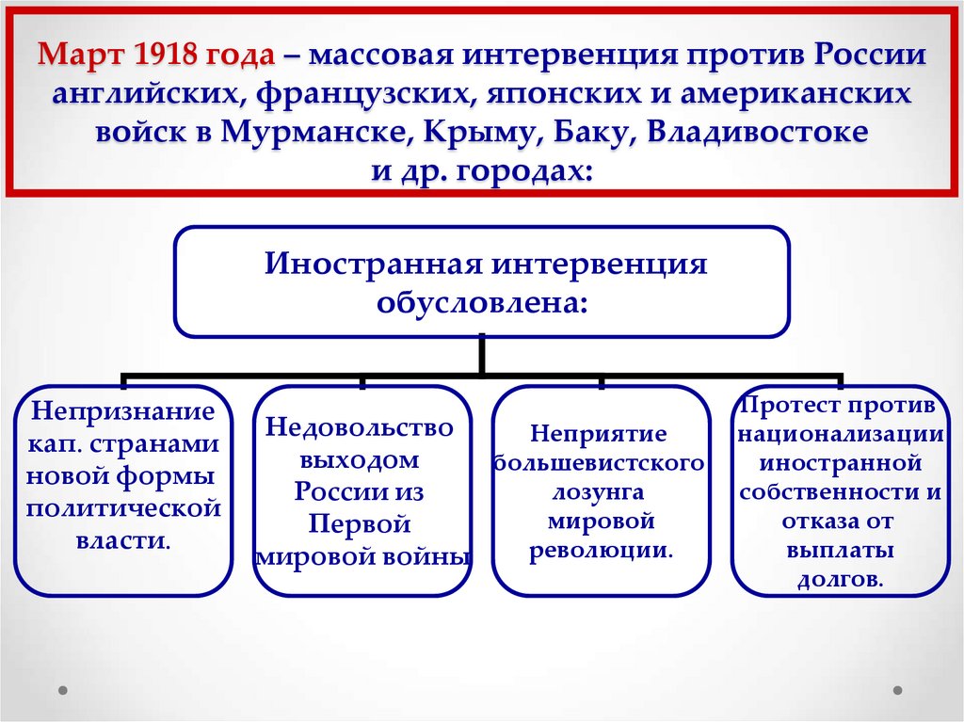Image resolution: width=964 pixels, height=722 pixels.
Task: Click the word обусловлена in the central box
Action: tap(483, 302)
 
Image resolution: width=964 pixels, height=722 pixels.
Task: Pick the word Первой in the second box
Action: tap(360, 523)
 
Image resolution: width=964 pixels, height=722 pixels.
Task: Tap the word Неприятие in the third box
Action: tap(599, 434)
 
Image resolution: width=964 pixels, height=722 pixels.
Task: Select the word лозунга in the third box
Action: tap(600, 492)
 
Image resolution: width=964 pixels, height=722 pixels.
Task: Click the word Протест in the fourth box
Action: tap(792, 406)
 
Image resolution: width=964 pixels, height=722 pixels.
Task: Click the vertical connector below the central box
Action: tap(482, 354)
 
